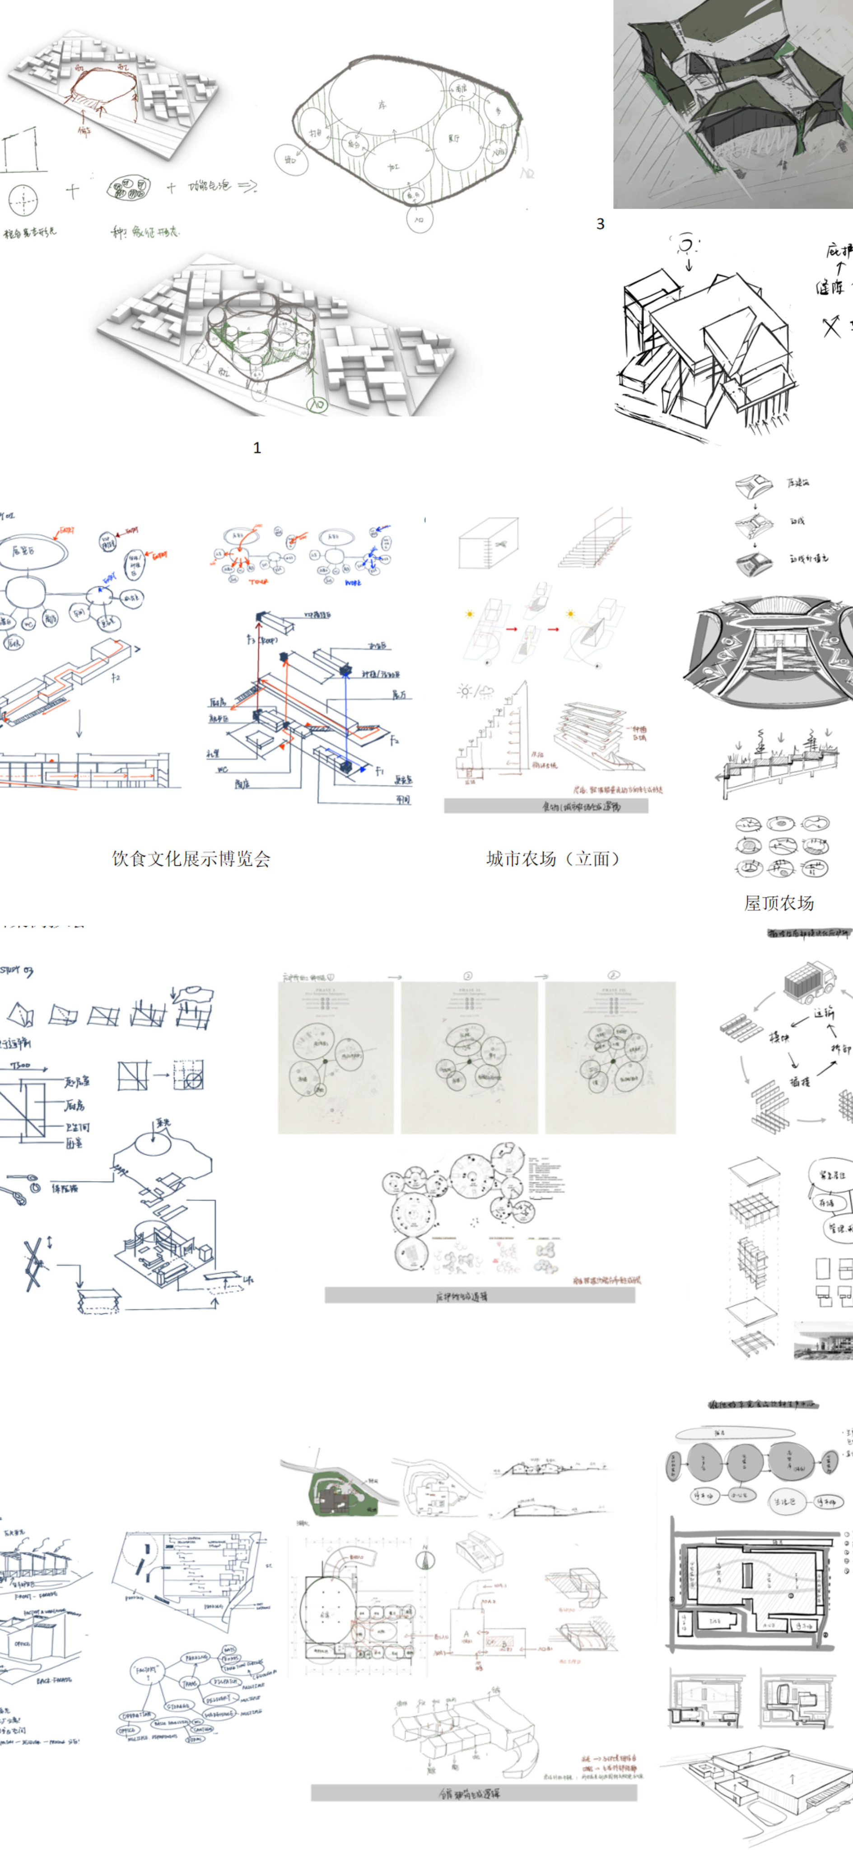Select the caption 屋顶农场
(778, 903)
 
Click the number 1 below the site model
(257, 448)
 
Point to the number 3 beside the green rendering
(600, 224)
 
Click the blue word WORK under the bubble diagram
(353, 583)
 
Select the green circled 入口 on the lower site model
(317, 404)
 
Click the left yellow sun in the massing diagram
(470, 614)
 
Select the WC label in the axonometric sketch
(223, 769)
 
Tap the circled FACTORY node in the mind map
(147, 1670)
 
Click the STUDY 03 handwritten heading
(17, 971)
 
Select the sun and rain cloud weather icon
(474, 691)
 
